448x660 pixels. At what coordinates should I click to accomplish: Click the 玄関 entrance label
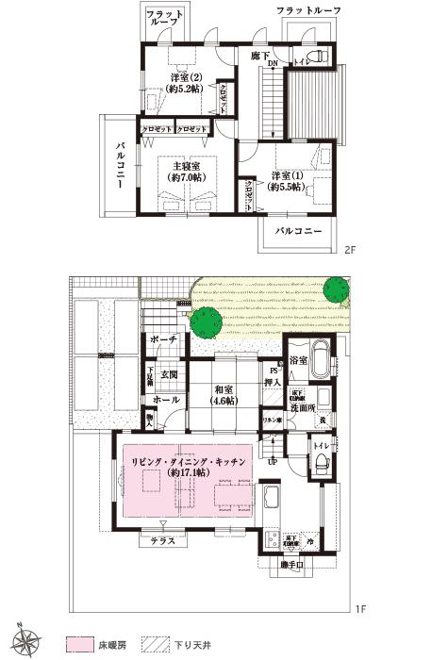[169, 374]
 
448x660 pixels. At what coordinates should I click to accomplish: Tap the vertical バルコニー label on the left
[122, 167]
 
